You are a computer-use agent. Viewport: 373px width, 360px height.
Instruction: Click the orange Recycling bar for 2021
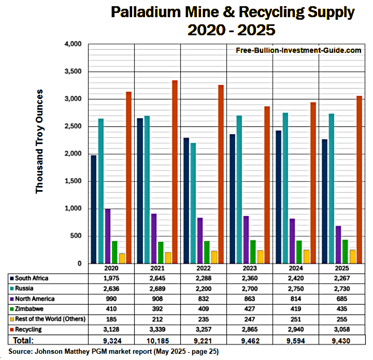pos(175,172)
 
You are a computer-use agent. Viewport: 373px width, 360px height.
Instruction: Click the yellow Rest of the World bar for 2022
pos(214,257)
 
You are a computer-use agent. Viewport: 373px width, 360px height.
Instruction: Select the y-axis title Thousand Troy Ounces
pos(40,141)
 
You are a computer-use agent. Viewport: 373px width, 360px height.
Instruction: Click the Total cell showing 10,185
pos(157,340)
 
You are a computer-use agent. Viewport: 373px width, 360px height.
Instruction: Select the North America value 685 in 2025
pos(342,299)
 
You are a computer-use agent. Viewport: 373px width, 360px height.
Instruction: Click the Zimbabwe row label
pos(30,309)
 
